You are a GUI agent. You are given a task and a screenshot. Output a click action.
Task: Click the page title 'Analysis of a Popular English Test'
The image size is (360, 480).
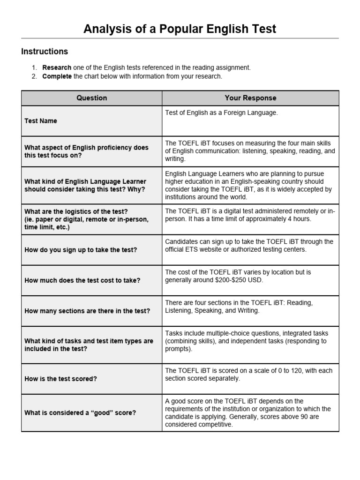click(x=180, y=29)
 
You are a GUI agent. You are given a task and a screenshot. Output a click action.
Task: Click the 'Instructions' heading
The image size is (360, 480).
click(x=45, y=52)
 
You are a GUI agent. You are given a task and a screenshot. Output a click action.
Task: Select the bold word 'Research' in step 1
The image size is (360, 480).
click(x=57, y=67)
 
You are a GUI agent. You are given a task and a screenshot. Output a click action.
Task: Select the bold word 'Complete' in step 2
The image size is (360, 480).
click(x=57, y=76)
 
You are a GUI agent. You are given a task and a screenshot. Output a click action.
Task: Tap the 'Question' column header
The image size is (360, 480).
click(x=91, y=98)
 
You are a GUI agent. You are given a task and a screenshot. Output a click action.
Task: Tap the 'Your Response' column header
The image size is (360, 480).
click(x=250, y=98)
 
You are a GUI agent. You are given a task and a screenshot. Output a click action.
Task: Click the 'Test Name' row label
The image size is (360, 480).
click(x=41, y=121)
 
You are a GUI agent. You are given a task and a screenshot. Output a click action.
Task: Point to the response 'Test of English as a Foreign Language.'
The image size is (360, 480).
click(x=221, y=113)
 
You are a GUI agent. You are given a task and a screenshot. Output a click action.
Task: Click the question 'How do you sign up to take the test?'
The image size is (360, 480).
click(x=81, y=250)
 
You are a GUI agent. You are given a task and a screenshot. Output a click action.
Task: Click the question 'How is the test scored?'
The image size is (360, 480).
click(x=60, y=379)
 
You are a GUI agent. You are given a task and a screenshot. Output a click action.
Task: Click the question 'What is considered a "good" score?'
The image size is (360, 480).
click(x=80, y=412)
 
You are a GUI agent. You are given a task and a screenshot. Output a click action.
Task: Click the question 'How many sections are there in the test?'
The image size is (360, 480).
click(x=87, y=311)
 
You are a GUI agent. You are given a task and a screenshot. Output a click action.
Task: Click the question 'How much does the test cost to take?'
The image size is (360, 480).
click(x=82, y=280)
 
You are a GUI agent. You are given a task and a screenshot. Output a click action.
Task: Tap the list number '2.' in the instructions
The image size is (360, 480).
click(x=34, y=76)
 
